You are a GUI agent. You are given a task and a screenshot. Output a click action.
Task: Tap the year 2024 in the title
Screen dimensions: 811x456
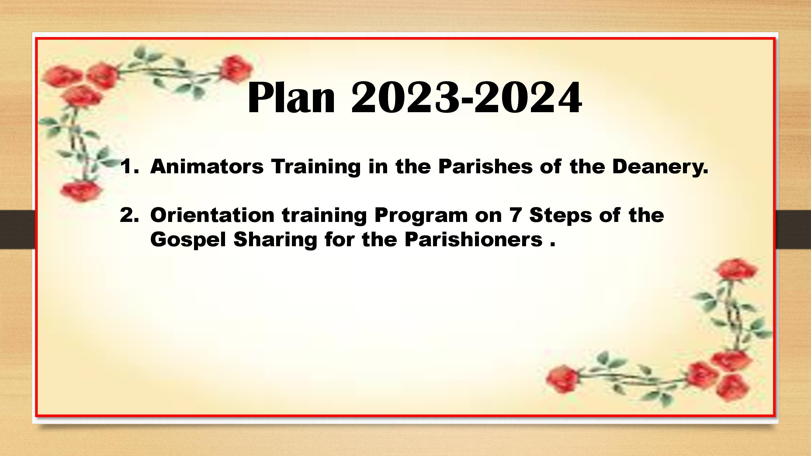527,97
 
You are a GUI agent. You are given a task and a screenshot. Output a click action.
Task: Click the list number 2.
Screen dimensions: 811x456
129,215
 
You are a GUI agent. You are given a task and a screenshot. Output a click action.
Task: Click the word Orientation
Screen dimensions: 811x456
213,215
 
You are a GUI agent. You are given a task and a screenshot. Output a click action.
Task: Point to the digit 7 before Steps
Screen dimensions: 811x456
515,215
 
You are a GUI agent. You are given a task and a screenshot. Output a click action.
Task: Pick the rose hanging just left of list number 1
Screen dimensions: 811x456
81,191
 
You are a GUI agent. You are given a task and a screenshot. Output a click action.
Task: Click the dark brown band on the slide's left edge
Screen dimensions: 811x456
18,230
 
